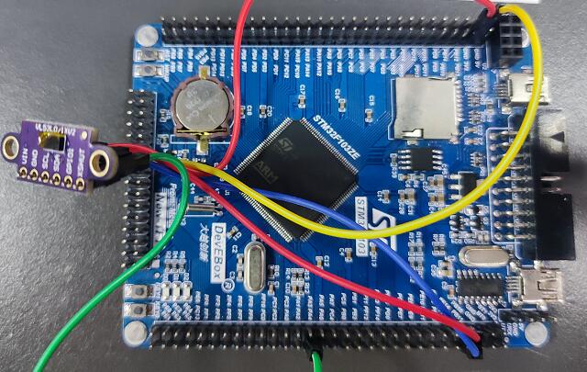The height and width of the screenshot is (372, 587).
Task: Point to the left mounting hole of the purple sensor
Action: click(x=12, y=144)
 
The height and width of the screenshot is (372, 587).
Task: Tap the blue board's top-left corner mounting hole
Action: click(x=144, y=37)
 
